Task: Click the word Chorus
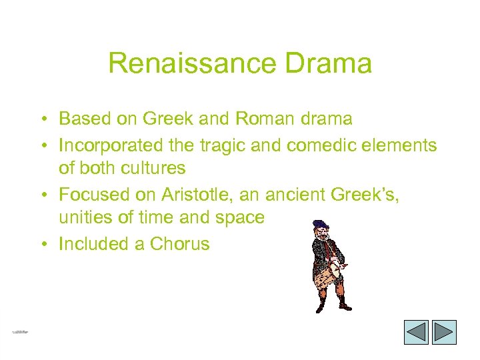179,244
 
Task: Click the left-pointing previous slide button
417,332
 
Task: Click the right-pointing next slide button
444,332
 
